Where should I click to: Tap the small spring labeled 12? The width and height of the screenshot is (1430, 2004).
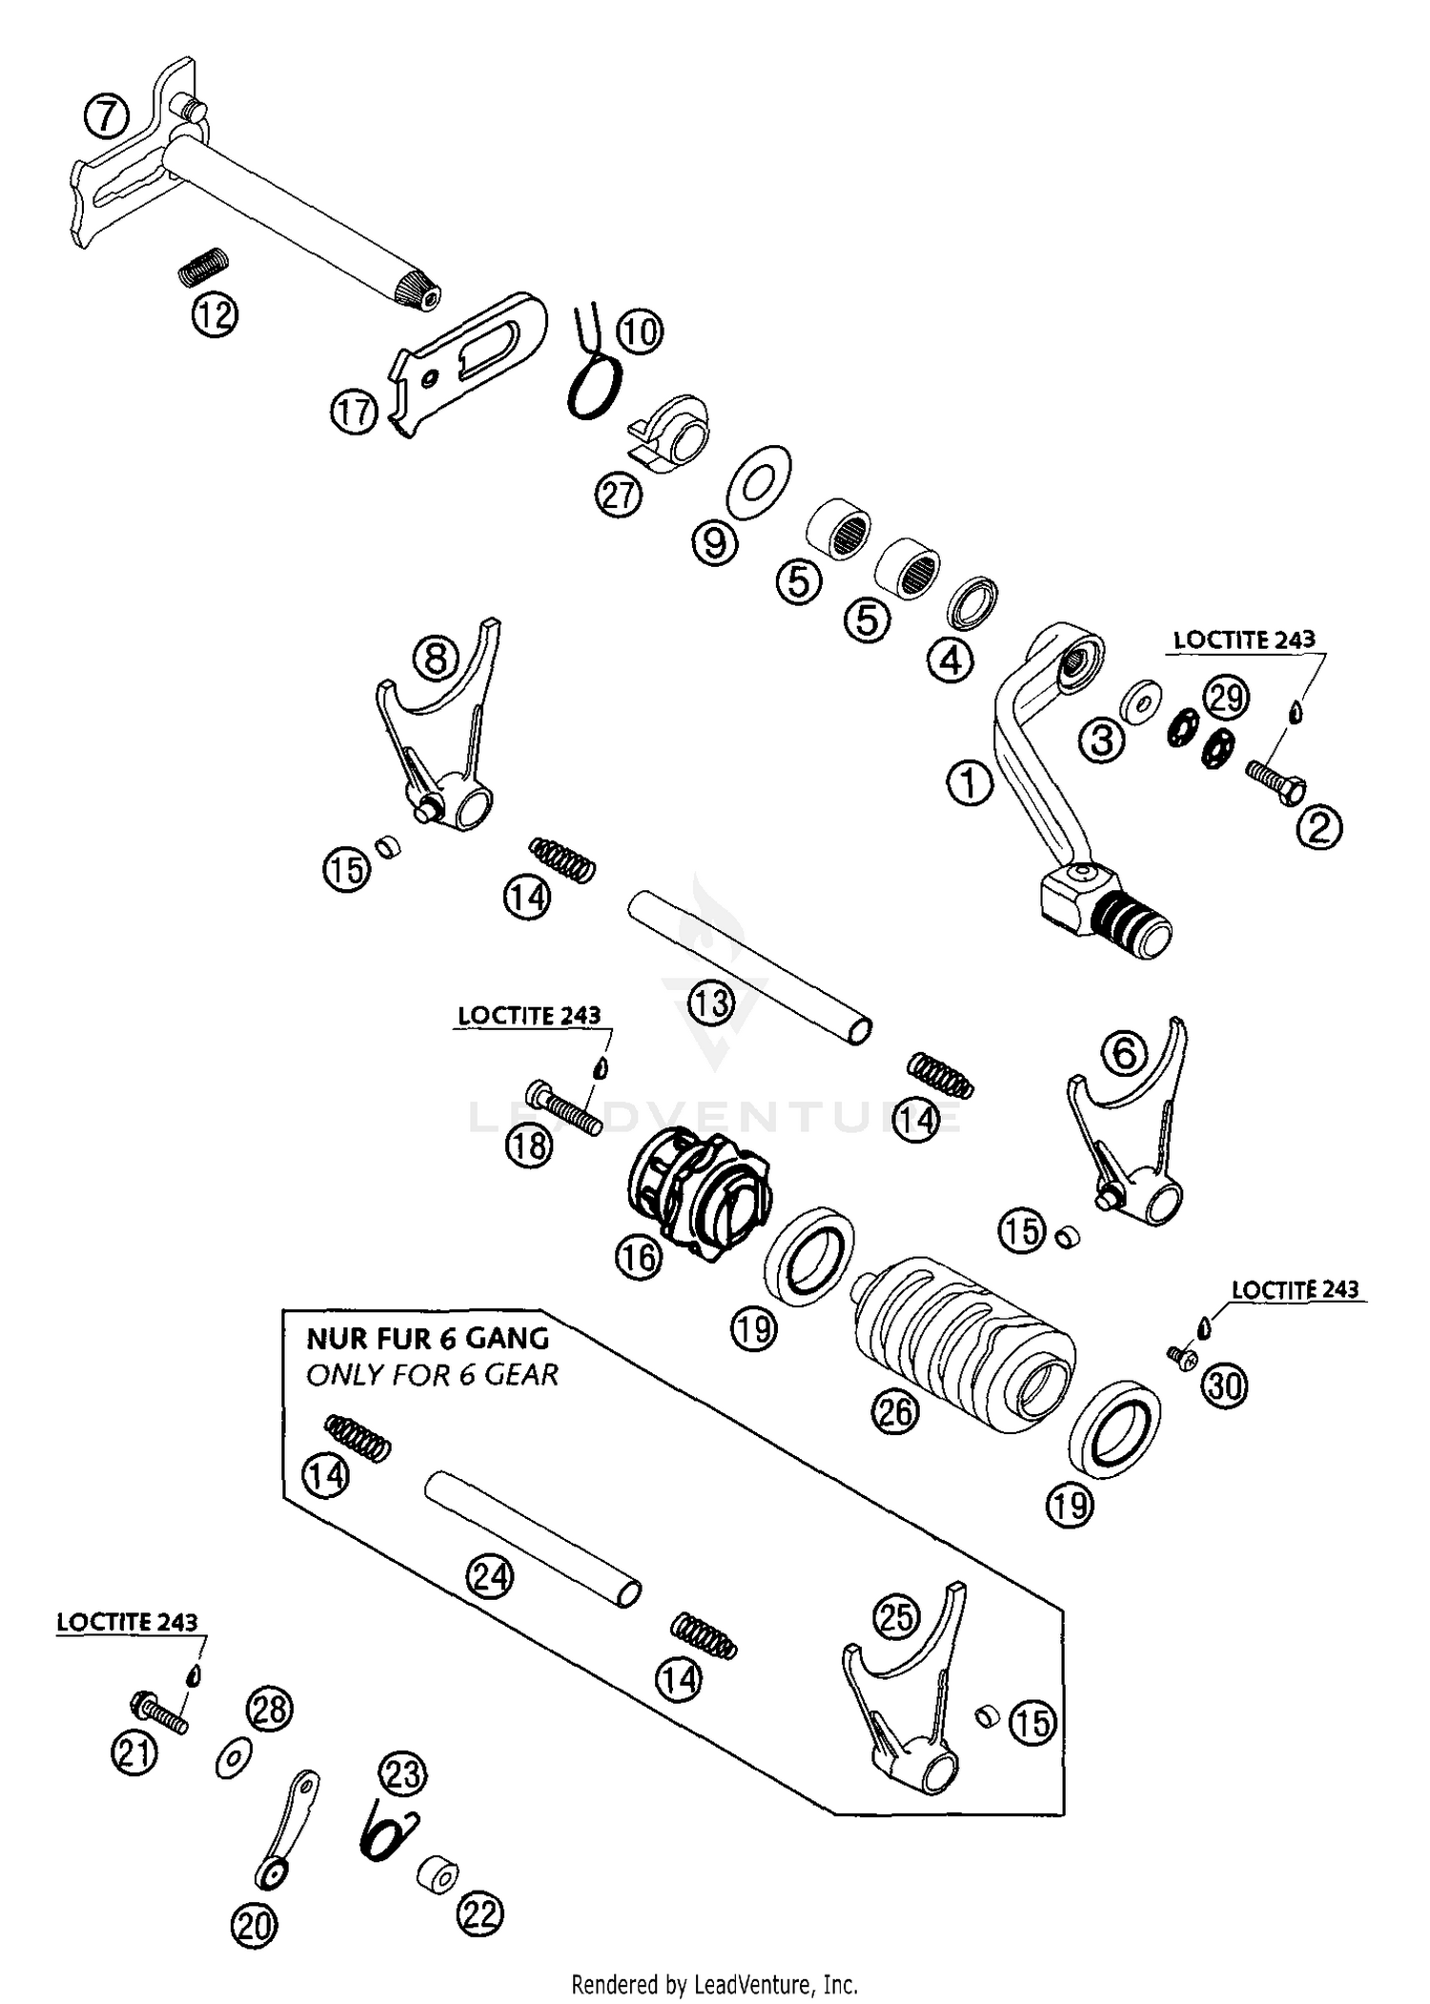click(x=205, y=264)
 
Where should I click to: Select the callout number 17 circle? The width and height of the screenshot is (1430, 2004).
click(x=354, y=414)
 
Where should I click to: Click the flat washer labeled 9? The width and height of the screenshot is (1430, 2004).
click(x=758, y=480)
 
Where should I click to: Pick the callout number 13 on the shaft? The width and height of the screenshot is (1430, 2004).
click(x=711, y=1002)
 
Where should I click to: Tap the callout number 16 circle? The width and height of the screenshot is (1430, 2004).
click(x=638, y=1257)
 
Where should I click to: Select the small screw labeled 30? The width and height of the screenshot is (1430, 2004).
click(x=1182, y=1357)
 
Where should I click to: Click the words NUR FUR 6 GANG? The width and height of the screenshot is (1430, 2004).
click(x=427, y=1338)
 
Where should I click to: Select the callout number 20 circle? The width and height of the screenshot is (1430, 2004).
click(x=254, y=1925)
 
